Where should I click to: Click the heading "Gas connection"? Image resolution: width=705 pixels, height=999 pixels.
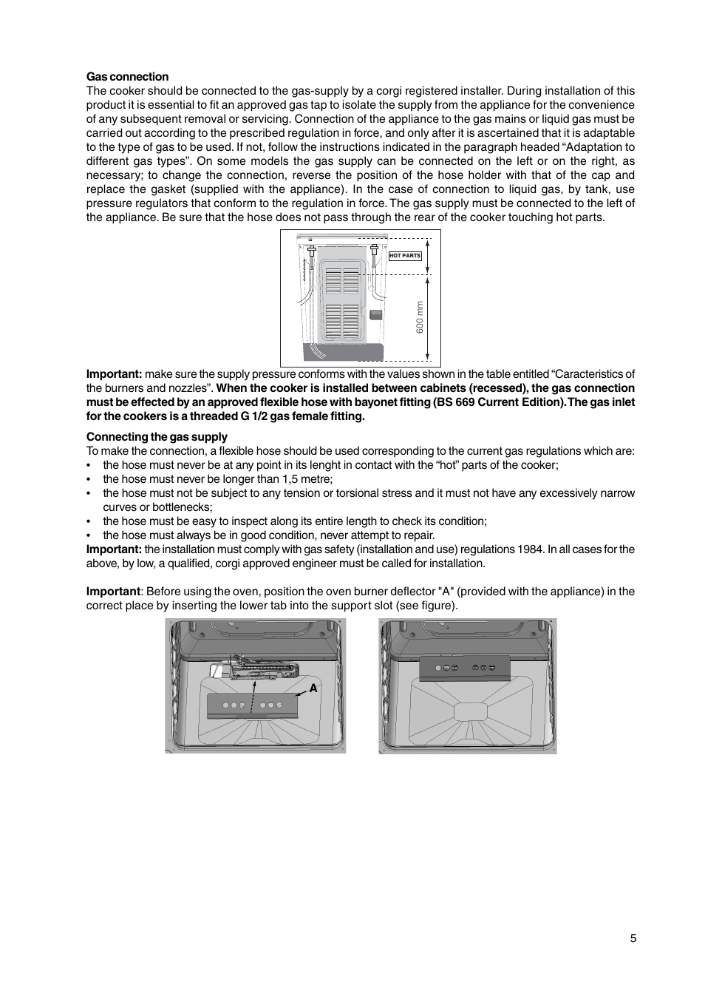coord(127,77)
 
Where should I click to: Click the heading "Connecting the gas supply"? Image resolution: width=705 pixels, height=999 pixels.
coord(157,437)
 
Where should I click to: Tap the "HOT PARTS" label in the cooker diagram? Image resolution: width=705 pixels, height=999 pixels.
coord(405,256)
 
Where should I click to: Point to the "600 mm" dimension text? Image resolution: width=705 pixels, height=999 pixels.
coord(420,316)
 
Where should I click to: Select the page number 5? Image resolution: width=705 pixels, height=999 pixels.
coord(633,938)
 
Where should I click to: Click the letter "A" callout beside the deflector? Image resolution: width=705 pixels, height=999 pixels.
coord(313,688)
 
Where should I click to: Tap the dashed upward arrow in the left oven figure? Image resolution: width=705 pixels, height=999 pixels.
coord(253,696)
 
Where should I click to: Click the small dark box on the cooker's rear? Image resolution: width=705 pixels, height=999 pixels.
coord(375,315)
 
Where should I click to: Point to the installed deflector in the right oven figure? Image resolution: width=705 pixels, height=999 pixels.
coord(466,667)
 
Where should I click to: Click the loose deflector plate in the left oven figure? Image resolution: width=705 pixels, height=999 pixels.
coord(253,705)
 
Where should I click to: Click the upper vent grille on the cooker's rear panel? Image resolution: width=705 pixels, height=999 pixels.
coord(342,281)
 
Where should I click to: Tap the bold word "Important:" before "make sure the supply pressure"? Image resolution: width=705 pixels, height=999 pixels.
coord(114,374)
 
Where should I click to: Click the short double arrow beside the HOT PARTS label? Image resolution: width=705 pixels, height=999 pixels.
coord(428,256)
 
